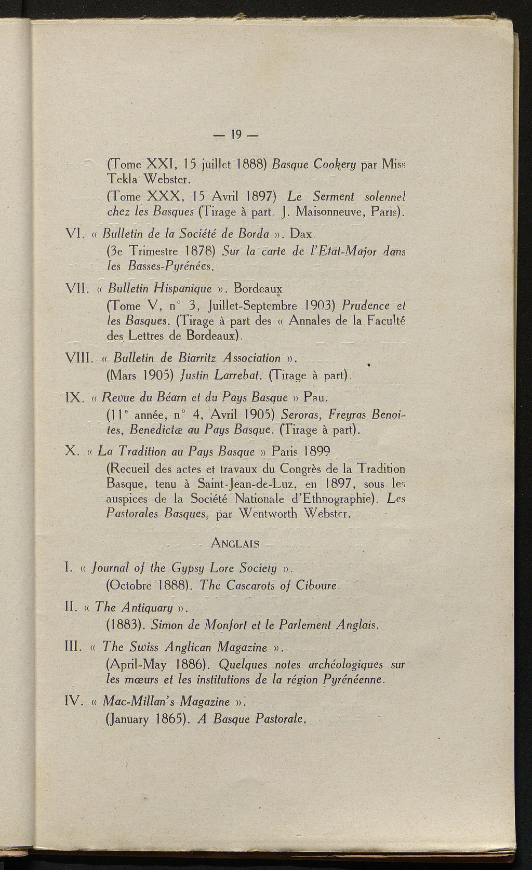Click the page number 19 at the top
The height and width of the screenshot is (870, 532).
(237, 136)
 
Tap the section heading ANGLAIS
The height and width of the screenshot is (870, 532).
(235, 544)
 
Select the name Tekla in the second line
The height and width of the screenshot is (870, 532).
(122, 180)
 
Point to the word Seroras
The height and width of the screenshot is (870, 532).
(300, 416)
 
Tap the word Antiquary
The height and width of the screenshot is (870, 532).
(148, 607)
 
